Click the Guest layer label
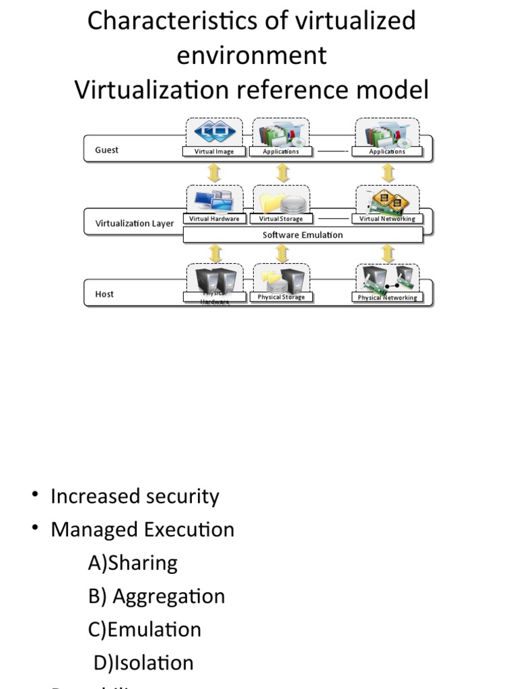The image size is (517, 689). click(106, 150)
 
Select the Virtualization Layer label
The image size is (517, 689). click(135, 223)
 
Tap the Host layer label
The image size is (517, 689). click(104, 294)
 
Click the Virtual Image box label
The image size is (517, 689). click(214, 152)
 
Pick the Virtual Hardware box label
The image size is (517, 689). click(214, 219)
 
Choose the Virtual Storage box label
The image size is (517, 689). click(281, 219)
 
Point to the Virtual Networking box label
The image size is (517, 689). click(387, 219)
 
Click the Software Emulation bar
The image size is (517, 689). click(302, 235)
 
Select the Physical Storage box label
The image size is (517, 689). click(281, 297)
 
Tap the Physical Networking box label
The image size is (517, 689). click(387, 297)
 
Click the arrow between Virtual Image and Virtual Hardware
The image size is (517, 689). click(215, 172)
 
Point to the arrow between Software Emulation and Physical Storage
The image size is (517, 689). click(283, 254)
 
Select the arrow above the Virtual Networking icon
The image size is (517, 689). click(388, 172)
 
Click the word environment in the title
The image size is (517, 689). click(252, 55)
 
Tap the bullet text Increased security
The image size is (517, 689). click(135, 497)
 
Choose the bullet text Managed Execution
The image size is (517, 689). click(142, 530)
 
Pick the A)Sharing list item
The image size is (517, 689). click(133, 563)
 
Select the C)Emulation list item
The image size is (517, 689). click(145, 629)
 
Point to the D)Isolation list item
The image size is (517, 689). click(143, 663)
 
